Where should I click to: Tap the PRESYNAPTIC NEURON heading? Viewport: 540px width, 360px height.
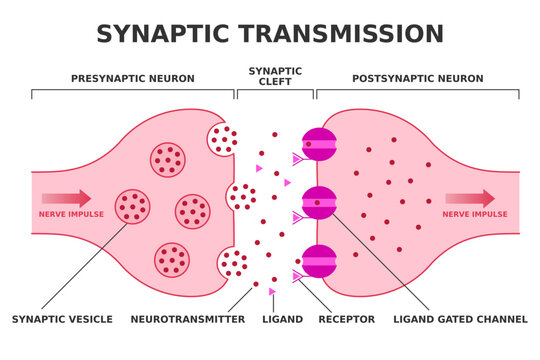[132, 78]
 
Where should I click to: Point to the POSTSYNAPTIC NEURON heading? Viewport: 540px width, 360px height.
[417, 78]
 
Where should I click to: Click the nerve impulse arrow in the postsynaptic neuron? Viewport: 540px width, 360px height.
[469, 198]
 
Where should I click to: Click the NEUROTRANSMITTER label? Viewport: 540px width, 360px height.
[188, 319]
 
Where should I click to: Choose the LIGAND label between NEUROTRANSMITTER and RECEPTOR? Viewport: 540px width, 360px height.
[281, 319]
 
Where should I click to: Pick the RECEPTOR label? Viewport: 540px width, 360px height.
[346, 319]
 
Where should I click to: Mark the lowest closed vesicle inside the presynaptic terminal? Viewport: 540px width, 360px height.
[172, 259]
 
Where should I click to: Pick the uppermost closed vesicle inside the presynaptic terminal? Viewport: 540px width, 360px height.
[167, 157]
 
